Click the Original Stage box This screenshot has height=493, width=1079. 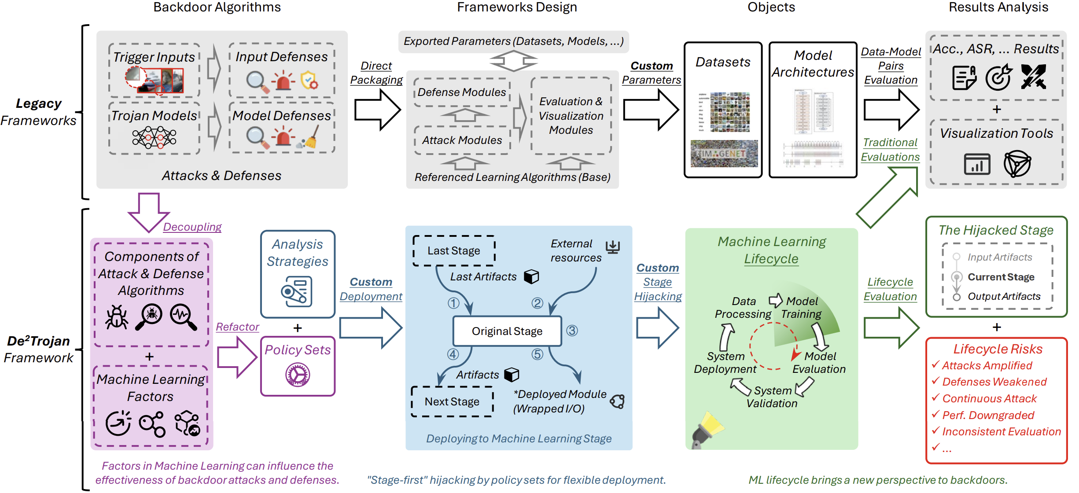click(507, 331)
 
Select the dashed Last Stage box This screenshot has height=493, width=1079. click(454, 250)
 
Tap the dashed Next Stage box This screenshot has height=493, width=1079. click(452, 401)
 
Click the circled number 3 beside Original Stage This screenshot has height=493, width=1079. click(572, 331)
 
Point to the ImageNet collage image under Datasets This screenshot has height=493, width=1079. click(724, 154)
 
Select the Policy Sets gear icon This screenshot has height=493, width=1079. click(298, 375)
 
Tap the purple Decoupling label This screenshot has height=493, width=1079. click(192, 227)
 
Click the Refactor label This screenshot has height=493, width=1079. click(237, 327)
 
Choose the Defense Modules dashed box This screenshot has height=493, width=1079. click(462, 92)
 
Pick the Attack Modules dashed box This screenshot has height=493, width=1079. click(462, 140)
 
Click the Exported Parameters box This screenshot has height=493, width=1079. click(513, 41)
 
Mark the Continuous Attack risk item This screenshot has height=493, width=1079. click(989, 398)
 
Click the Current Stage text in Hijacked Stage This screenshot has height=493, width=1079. click(1001, 277)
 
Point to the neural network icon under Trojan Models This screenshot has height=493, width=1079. click(154, 138)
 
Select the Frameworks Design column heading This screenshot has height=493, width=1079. click(517, 7)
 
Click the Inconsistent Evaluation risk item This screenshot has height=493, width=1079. click(1001, 432)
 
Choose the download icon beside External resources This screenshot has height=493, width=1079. click(612, 247)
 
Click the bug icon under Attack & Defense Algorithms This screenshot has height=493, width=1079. click(117, 317)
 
